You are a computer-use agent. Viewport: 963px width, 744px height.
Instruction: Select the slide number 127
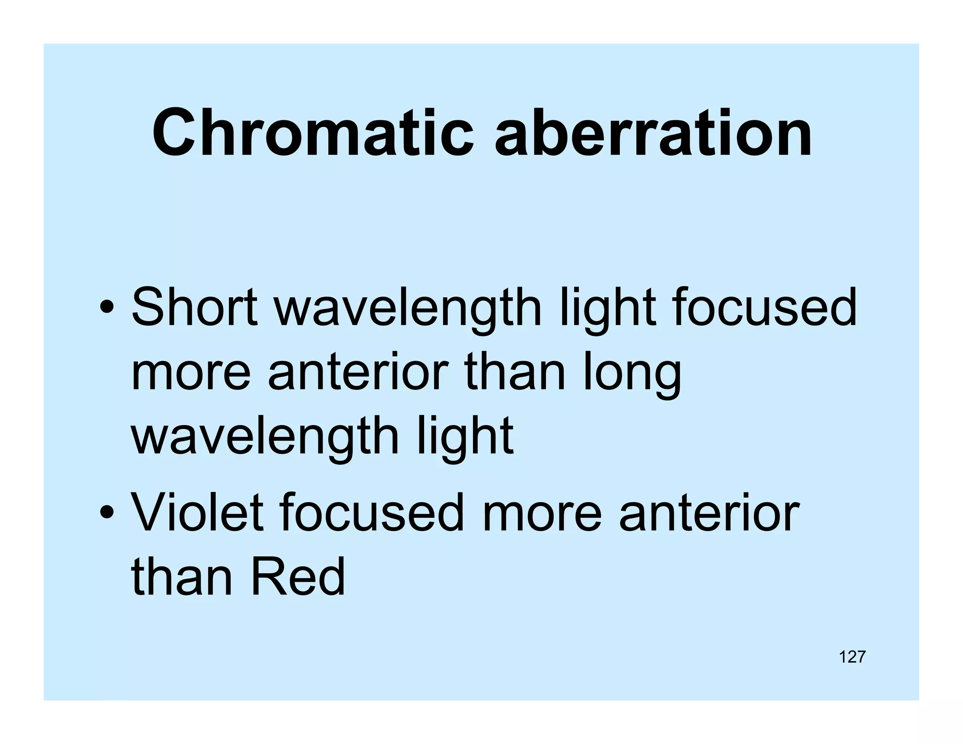pyautogui.click(x=852, y=657)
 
